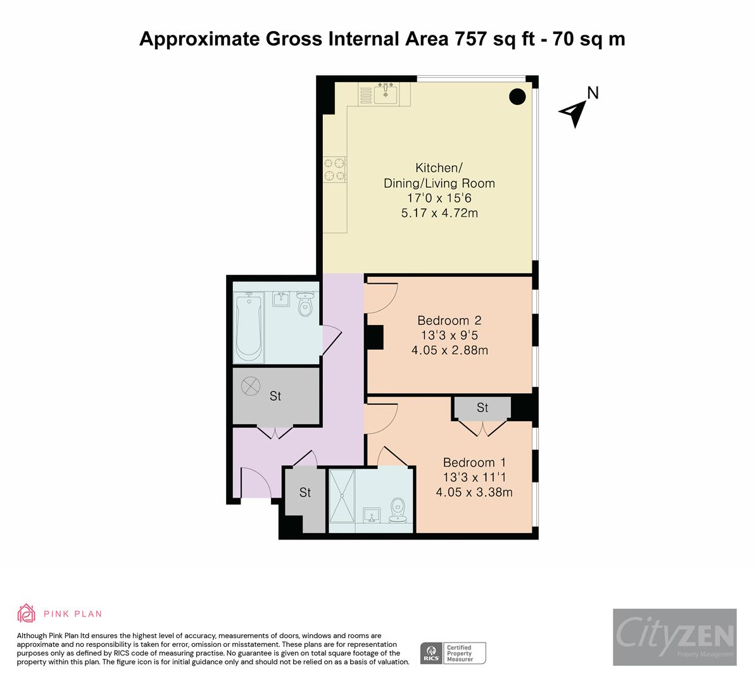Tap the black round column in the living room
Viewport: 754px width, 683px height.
[x=518, y=97]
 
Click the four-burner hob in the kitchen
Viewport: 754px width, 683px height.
[x=336, y=169]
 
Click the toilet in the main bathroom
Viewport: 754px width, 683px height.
[x=306, y=306]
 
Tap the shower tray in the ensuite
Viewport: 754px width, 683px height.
[x=342, y=498]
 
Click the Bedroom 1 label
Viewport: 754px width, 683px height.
[x=474, y=462]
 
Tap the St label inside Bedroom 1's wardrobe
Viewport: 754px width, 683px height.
[x=482, y=408]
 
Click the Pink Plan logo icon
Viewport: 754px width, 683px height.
[x=27, y=613]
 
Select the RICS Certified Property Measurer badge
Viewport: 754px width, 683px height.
[x=453, y=653]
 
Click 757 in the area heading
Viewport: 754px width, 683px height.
[x=472, y=39]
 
